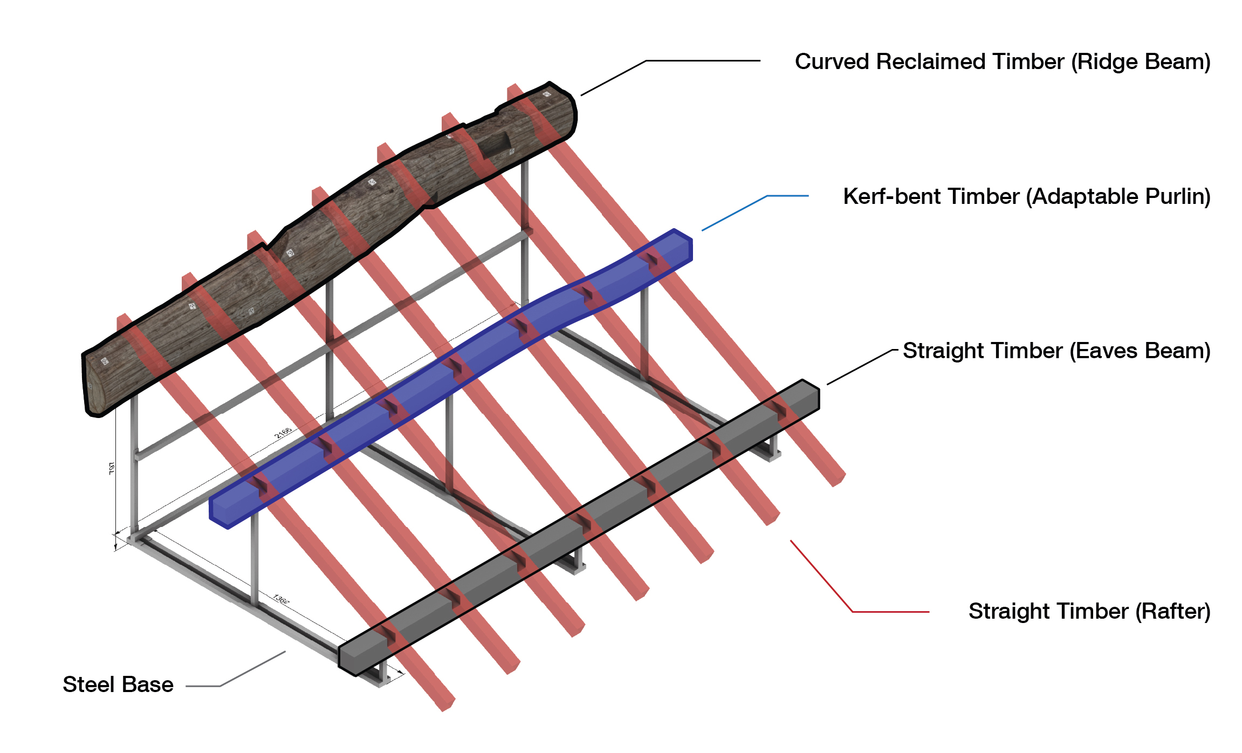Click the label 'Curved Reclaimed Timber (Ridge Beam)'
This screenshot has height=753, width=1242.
(1002, 62)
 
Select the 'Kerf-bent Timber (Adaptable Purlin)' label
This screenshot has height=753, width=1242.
(1026, 197)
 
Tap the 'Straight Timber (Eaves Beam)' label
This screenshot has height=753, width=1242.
(1056, 351)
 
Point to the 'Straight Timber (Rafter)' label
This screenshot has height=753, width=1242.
(1089, 612)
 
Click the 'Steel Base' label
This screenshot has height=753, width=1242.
(118, 684)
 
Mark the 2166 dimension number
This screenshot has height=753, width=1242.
(283, 433)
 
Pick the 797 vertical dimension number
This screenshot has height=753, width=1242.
(112, 468)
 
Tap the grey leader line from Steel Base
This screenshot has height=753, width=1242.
(237, 677)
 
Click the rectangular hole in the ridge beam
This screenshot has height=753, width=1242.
(495, 145)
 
